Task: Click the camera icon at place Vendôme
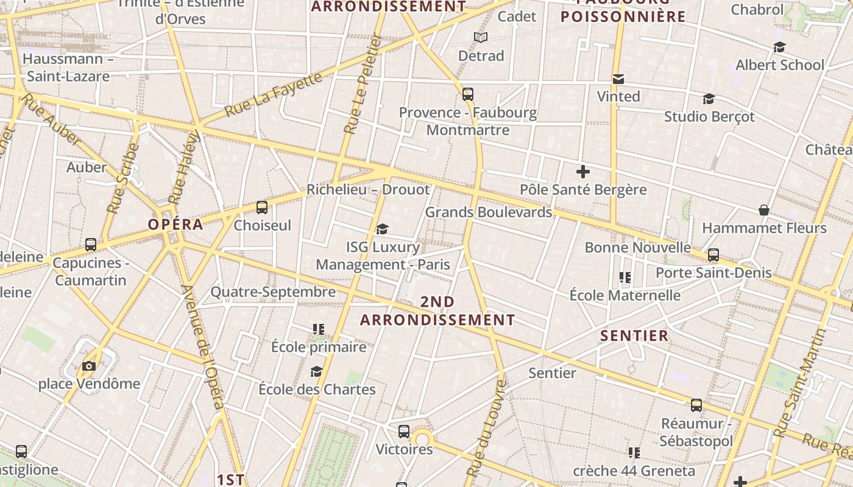click(x=89, y=366)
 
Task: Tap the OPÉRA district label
click(x=175, y=224)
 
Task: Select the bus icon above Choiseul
click(x=262, y=208)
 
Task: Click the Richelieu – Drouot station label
click(x=368, y=189)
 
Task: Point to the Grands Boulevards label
click(x=488, y=212)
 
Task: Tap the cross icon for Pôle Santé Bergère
click(x=583, y=172)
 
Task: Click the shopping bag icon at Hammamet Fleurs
click(x=763, y=210)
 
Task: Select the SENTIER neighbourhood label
click(x=634, y=335)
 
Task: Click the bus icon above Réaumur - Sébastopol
click(x=696, y=405)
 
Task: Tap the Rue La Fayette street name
click(x=274, y=94)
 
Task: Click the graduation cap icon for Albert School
click(x=779, y=47)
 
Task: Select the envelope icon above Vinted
click(x=618, y=79)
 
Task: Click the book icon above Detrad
click(x=481, y=38)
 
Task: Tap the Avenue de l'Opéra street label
click(x=204, y=347)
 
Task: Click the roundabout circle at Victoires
click(x=422, y=438)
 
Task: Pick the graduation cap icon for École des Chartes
click(x=316, y=371)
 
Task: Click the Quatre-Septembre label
click(x=273, y=292)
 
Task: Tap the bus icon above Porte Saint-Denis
click(x=713, y=255)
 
